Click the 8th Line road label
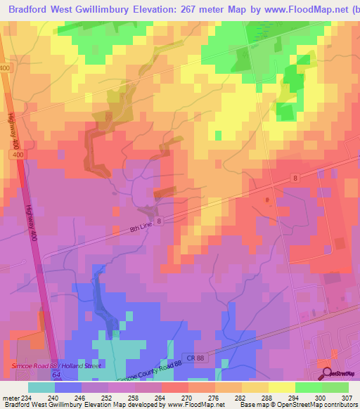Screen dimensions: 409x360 (141, 228)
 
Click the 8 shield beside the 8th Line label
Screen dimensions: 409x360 (160, 221)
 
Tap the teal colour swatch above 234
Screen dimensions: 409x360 (41, 387)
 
